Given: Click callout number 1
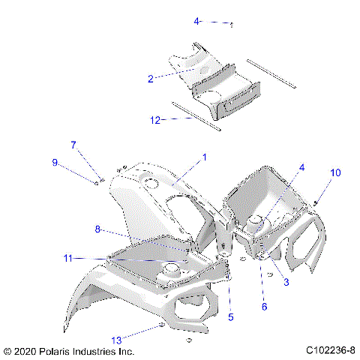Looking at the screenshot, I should (203, 157).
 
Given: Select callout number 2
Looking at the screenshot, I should (151, 77).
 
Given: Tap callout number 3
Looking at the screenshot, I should (286, 281).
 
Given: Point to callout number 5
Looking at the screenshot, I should (230, 316).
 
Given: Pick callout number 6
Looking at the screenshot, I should (263, 305).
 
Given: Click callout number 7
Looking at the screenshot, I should (73, 144).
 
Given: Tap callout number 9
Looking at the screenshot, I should (55, 162).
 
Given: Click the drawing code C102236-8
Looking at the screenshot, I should (331, 350).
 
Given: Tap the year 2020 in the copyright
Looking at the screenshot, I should (27, 350).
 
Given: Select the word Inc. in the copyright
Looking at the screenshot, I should (126, 350).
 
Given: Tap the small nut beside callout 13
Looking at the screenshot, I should (162, 328).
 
